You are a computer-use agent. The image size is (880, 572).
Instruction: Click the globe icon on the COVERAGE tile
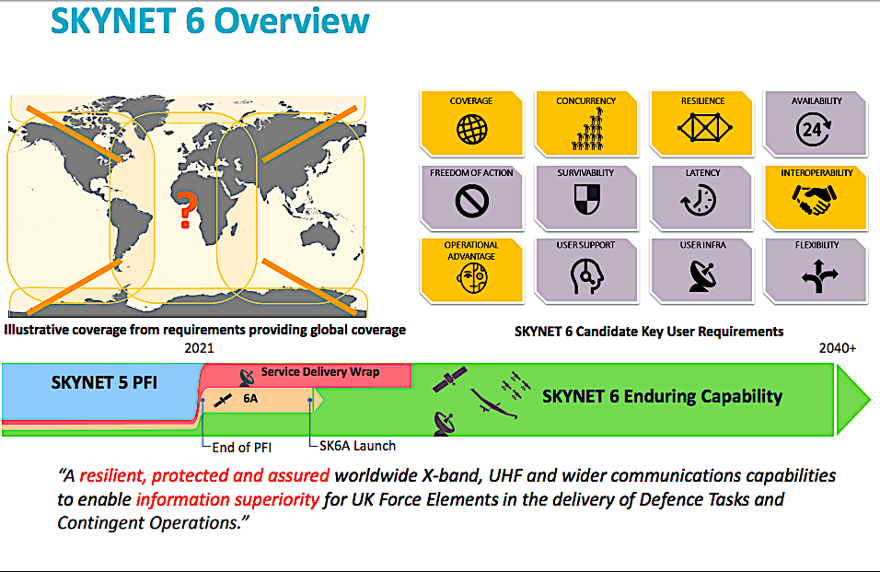click(471, 130)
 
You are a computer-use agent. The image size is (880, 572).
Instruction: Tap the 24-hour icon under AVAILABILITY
click(813, 129)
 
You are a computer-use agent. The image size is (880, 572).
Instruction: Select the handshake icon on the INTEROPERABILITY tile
click(815, 200)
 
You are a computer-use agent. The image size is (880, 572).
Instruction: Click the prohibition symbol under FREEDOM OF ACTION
click(472, 201)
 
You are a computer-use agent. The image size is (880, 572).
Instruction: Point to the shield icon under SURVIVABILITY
click(587, 199)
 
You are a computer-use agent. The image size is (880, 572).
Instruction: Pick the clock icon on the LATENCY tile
click(700, 201)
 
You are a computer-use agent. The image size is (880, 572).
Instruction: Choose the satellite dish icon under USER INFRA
click(702, 276)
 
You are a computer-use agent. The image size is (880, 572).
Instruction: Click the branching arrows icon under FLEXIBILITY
click(819, 276)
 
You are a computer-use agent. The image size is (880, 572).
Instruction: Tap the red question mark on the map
click(187, 210)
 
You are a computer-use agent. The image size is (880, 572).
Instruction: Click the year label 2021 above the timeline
click(199, 348)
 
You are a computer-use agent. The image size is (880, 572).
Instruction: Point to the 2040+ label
click(838, 348)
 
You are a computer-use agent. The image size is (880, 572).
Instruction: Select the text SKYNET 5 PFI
click(104, 382)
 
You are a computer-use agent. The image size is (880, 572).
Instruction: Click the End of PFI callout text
click(242, 448)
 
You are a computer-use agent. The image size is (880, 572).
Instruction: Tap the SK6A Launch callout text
click(357, 446)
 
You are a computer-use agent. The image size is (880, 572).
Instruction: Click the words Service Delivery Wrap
click(320, 371)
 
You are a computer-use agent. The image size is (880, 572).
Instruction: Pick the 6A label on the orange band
click(250, 399)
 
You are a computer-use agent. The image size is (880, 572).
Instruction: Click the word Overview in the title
click(292, 21)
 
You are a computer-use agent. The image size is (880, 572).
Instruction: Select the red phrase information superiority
click(228, 499)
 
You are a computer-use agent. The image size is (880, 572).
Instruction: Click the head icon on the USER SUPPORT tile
click(586, 276)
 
